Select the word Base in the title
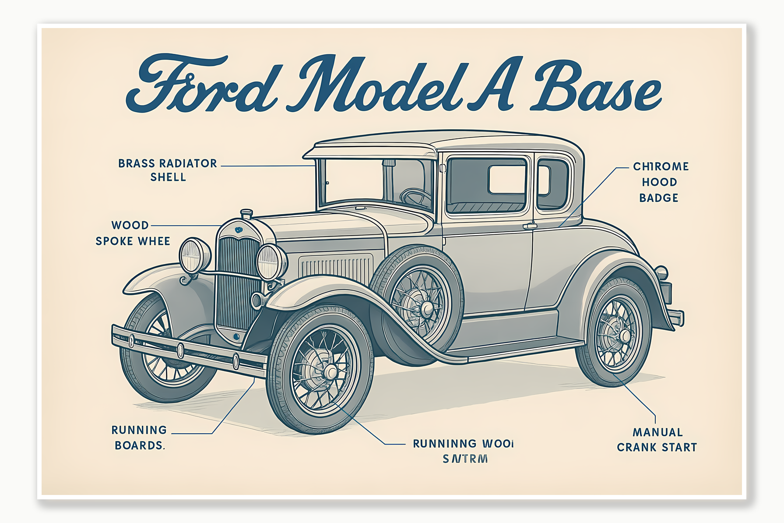595,85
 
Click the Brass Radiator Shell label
168,170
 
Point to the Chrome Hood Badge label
660,182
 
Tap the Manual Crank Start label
657,440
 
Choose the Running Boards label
139,438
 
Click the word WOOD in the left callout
130,225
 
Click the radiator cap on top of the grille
246,214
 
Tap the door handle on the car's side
530,226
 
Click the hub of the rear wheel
624,336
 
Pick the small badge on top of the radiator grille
238,230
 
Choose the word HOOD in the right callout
659,182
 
